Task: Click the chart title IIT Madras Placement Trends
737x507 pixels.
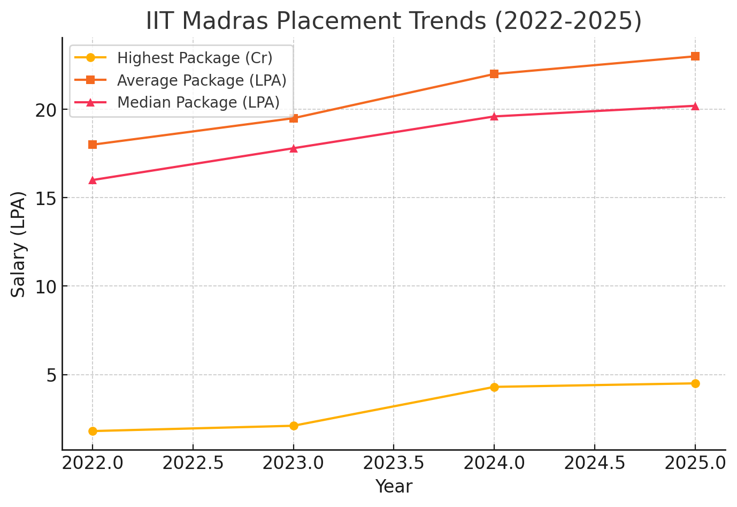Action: pos(394,21)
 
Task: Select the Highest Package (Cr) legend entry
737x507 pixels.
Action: pos(195,58)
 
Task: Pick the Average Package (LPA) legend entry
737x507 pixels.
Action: pos(202,80)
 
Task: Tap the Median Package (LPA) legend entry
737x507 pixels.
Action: pos(198,102)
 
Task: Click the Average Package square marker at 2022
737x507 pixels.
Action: pos(93,145)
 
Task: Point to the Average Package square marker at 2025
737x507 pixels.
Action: pos(695,56)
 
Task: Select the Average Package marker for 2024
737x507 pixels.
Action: pos(494,74)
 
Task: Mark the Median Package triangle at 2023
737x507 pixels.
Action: pos(294,148)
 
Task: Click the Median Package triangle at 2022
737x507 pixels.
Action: pos(93,180)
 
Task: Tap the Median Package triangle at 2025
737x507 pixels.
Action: pos(695,106)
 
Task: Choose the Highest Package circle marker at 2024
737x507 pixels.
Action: pos(494,387)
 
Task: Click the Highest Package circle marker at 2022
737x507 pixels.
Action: pos(93,431)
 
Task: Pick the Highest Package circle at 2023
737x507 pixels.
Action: pos(294,426)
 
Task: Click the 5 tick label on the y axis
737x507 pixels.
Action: pos(51,375)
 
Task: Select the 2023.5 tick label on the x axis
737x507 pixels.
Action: pos(394,463)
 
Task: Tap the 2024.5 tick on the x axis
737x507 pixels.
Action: pos(595,463)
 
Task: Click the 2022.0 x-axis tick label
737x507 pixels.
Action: pos(93,463)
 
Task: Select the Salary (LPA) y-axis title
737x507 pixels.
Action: pos(19,244)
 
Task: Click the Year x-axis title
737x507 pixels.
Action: pos(394,487)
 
